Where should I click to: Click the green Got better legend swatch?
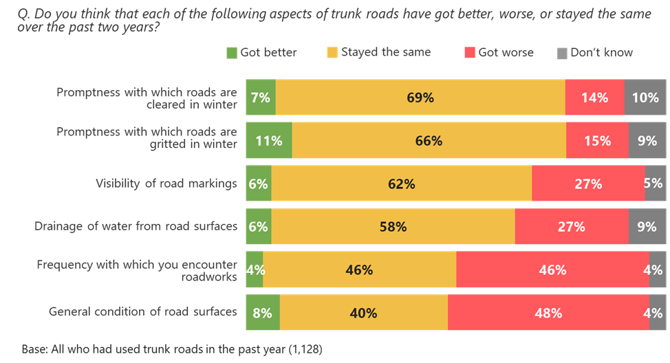click(x=232, y=52)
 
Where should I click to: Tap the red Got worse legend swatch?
click(x=471, y=52)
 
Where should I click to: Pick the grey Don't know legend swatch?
click(x=561, y=52)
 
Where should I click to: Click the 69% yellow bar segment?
click(x=420, y=98)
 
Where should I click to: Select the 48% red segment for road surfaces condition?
click(x=548, y=313)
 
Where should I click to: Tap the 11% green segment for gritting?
click(x=269, y=141)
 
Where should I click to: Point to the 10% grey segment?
click(x=645, y=98)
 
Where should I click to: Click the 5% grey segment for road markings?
click(x=656, y=184)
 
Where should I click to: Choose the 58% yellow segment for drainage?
click(x=393, y=227)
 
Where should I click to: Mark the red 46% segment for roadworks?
click(x=552, y=270)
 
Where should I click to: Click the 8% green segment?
click(x=263, y=313)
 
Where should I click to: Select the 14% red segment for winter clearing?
click(x=594, y=98)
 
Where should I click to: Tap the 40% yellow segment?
click(x=363, y=313)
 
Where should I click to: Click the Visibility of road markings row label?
click(x=166, y=184)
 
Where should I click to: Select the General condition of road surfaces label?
click(x=143, y=312)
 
